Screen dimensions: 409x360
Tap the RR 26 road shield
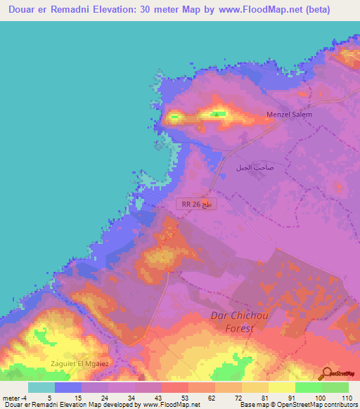tap(196, 204)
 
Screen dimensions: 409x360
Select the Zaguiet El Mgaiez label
tap(78, 363)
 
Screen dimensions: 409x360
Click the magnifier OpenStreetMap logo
tap(337, 373)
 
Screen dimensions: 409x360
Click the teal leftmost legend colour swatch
tap(41, 387)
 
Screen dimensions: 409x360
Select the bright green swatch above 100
tap(308, 387)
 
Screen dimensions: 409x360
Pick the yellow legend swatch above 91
tap(281, 387)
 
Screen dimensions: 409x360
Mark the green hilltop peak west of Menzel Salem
tap(219, 113)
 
